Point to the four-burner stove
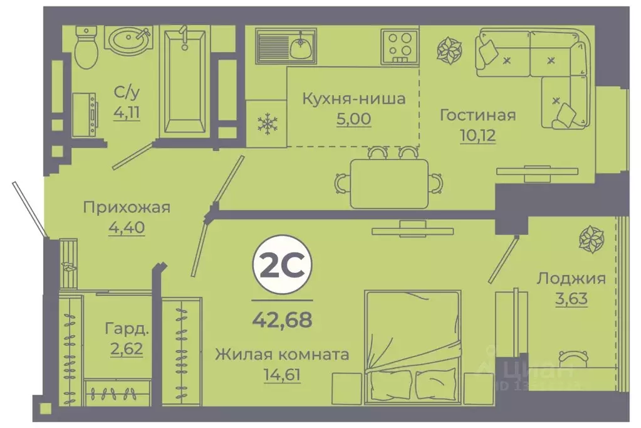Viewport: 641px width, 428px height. pyautogui.click(x=399, y=45)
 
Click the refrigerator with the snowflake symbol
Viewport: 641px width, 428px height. pyautogui.click(x=267, y=124)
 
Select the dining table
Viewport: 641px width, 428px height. pyautogui.click(x=389, y=183)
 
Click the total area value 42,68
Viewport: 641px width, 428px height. pyautogui.click(x=281, y=321)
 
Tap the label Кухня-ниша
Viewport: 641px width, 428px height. pyautogui.click(x=353, y=99)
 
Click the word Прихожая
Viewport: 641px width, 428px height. pyautogui.click(x=127, y=208)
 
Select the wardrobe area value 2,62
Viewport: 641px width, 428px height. pyautogui.click(x=127, y=347)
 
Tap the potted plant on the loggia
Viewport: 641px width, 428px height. pyautogui.click(x=590, y=240)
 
